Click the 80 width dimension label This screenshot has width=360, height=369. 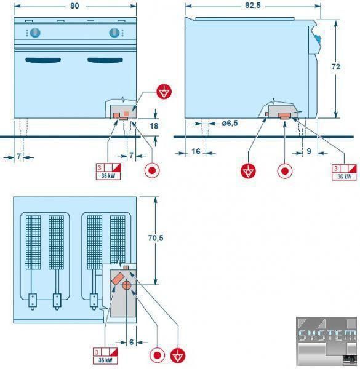[x=74, y=6]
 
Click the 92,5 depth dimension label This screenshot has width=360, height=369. [x=253, y=6]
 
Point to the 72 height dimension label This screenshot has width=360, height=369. [x=336, y=67]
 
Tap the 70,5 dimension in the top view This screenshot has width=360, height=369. [x=156, y=238]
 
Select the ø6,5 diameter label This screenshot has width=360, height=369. [x=230, y=123]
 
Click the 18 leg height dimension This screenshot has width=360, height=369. [x=154, y=126]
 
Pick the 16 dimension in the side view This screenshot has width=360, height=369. [x=196, y=151]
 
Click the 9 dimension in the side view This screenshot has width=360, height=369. [x=309, y=151]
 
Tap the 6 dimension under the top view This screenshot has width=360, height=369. [x=131, y=342]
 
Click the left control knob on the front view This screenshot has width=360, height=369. [x=35, y=33]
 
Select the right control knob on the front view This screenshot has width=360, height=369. [x=114, y=33]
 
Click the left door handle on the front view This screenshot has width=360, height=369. [x=43, y=60]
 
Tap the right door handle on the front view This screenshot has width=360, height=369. [x=105, y=60]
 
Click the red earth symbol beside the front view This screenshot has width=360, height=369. [x=164, y=91]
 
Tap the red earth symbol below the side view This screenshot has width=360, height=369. [x=248, y=170]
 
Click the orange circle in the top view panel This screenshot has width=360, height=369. [x=126, y=285]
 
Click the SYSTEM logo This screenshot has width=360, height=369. [x=326, y=341]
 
